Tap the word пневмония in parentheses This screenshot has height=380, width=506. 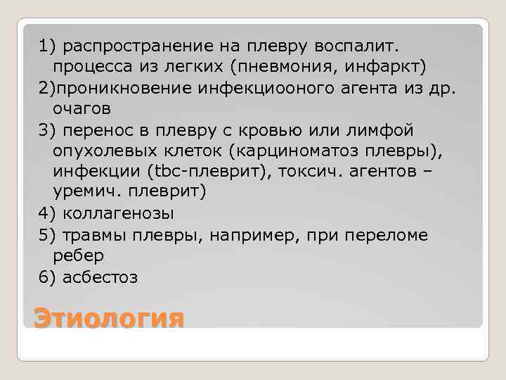click(329, 66)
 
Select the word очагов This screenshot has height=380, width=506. click(82, 109)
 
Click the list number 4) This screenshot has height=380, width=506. click(48, 214)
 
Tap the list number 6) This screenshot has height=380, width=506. click(48, 277)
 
